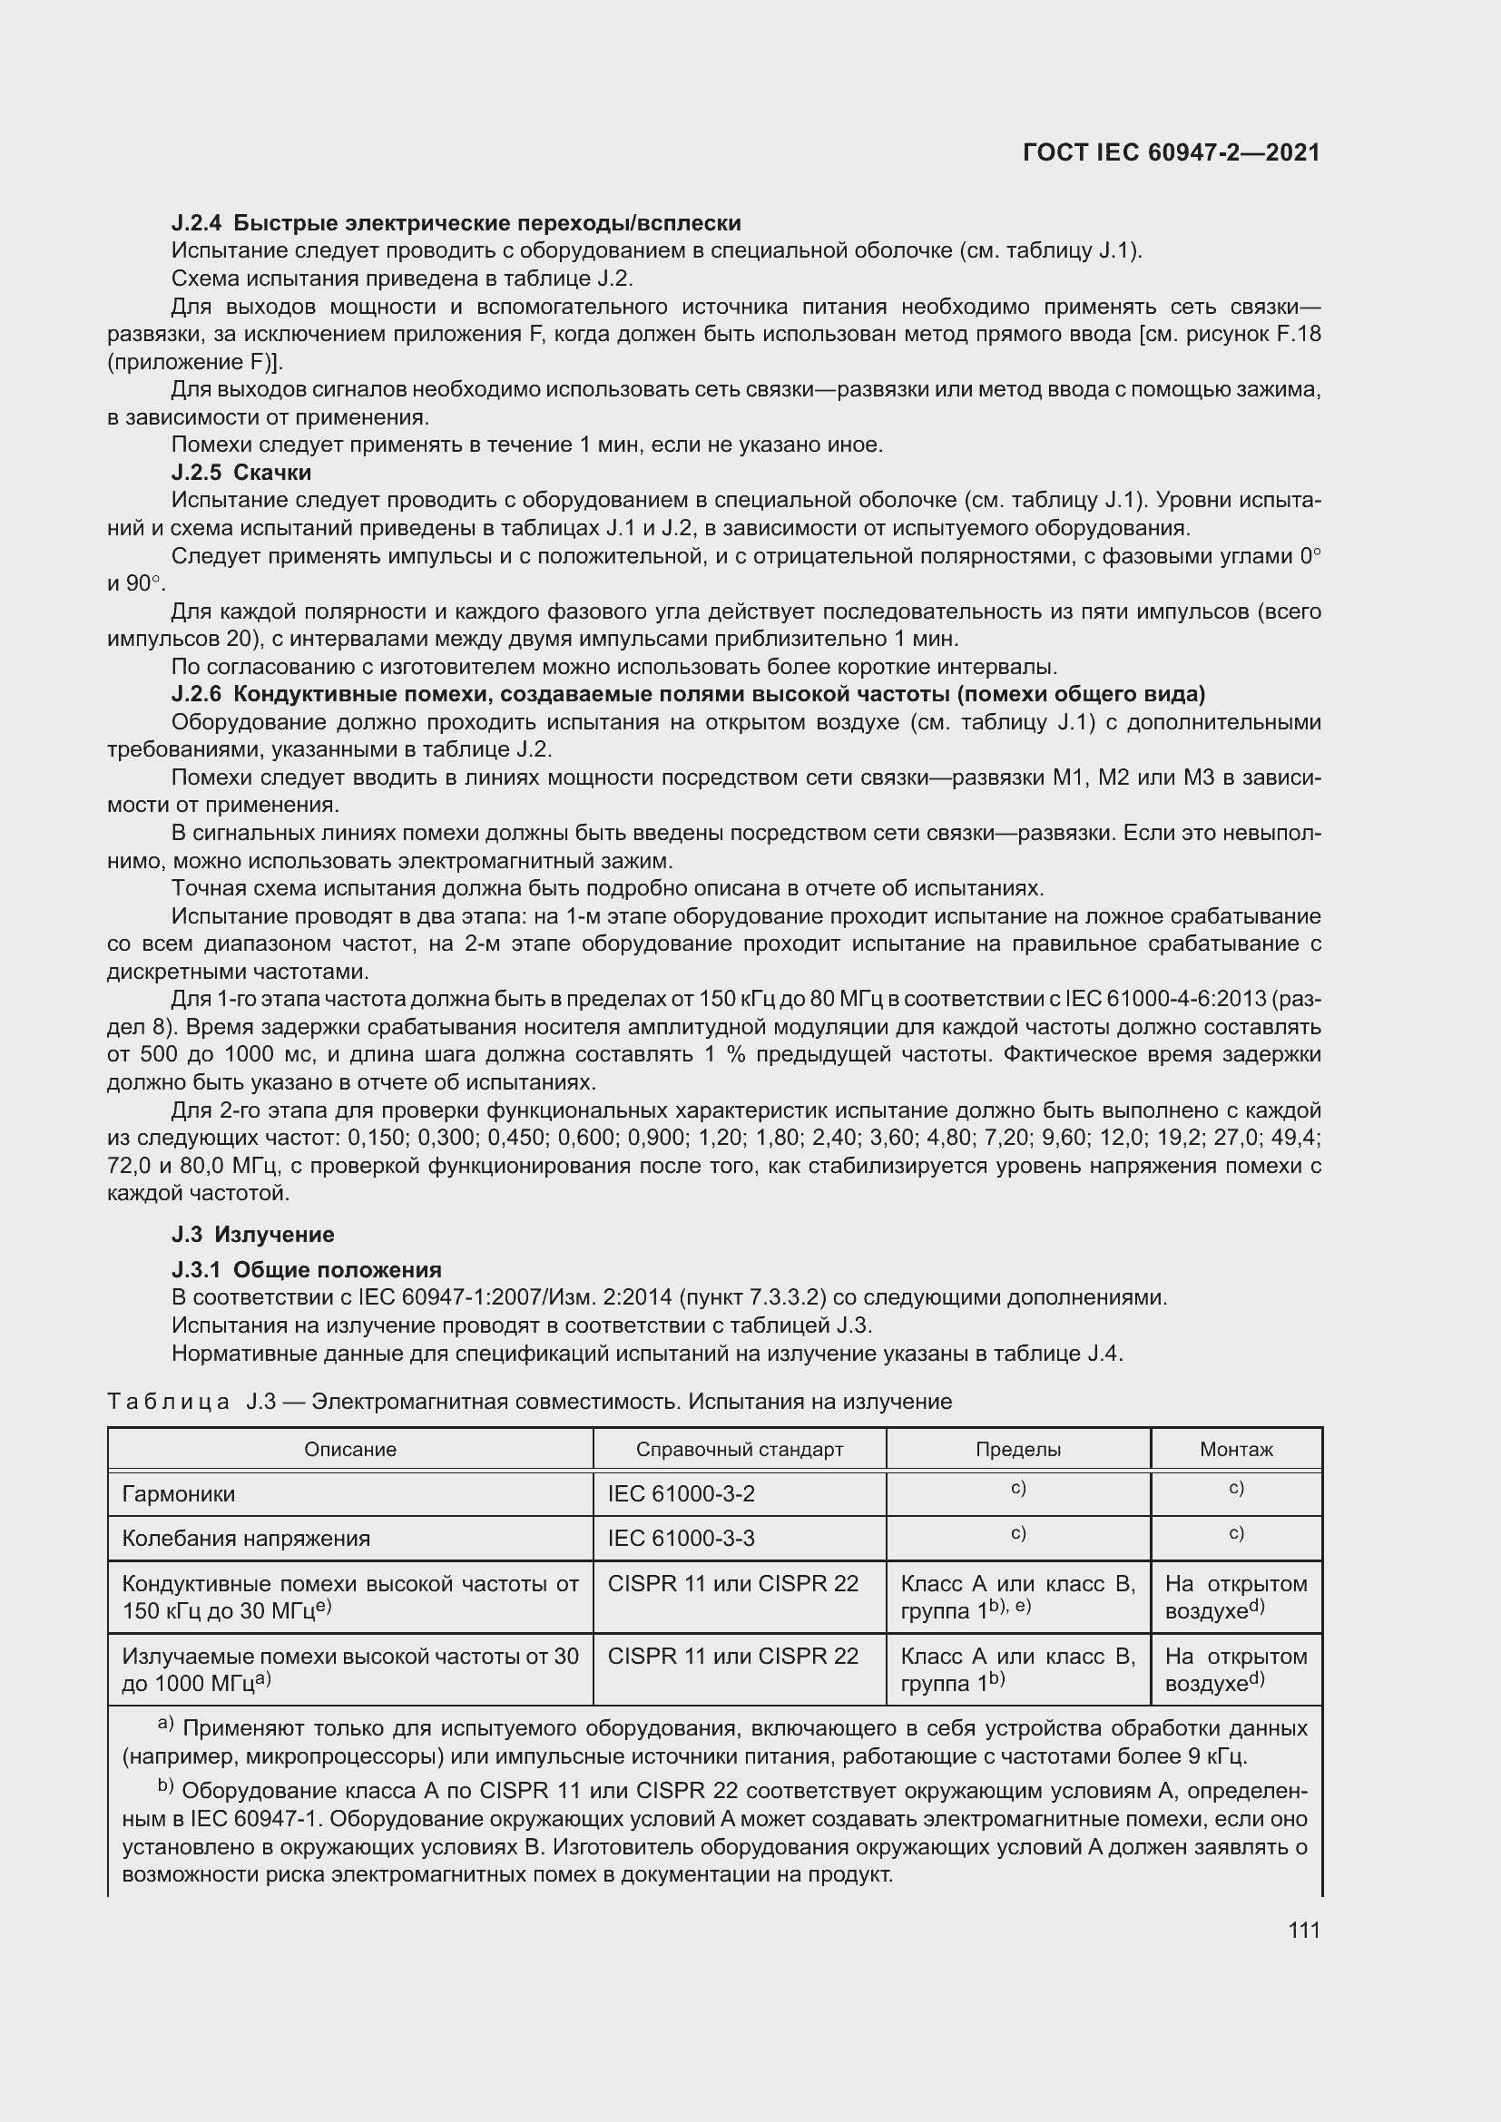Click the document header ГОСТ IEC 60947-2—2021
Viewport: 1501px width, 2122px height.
pyautogui.click(x=1171, y=152)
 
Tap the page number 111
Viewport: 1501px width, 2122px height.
pyautogui.click(x=1303, y=1930)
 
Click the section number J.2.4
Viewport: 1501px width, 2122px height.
pyautogui.click(x=197, y=223)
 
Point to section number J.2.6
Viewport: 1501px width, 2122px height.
pyautogui.click(x=197, y=694)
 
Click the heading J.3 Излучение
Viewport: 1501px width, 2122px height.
pyautogui.click(x=252, y=1234)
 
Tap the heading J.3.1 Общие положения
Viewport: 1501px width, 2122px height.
pyautogui.click(x=306, y=1269)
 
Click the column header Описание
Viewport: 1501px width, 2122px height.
pyautogui.click(x=350, y=1449)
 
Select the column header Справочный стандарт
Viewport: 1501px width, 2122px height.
pyautogui.click(x=740, y=1449)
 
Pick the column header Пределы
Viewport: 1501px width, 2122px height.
pyautogui.click(x=1017, y=1449)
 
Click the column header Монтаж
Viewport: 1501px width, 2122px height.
pyautogui.click(x=1236, y=1449)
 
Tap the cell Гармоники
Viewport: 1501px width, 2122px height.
pyautogui.click(x=179, y=1493)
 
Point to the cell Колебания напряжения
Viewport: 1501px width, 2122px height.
pyautogui.click(x=246, y=1538)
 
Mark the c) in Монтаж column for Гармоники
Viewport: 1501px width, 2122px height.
pyautogui.click(x=1236, y=1488)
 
